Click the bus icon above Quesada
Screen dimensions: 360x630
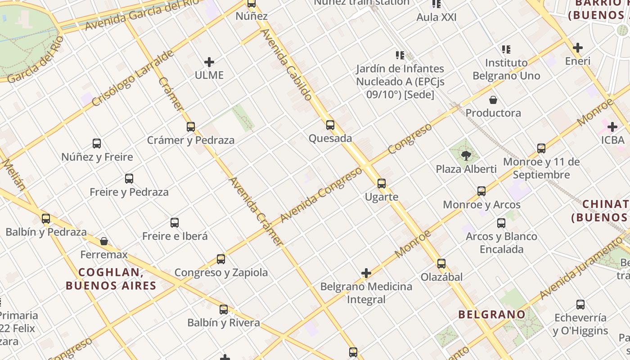pyautogui.click(x=330, y=125)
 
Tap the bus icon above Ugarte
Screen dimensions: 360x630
pyautogui.click(x=382, y=184)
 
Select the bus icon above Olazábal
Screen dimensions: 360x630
pyautogui.click(x=441, y=264)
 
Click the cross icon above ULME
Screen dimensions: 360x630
pyautogui.click(x=209, y=62)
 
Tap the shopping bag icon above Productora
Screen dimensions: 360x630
pyautogui.click(x=493, y=100)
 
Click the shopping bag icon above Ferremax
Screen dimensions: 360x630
pyautogui.click(x=104, y=242)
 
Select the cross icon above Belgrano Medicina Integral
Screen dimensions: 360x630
pyautogui.click(x=366, y=273)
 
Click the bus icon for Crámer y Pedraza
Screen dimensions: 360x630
pyautogui.click(x=191, y=127)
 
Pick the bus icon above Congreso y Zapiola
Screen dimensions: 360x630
pyautogui.click(x=221, y=259)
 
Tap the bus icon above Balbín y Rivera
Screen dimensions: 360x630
pyautogui.click(x=224, y=310)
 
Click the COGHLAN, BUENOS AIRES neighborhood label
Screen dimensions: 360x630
pyautogui.click(x=111, y=279)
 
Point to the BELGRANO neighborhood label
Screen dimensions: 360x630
pyautogui.click(x=491, y=314)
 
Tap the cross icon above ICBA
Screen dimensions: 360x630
pyautogui.click(x=612, y=127)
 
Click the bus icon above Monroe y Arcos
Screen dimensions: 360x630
pyautogui.click(x=481, y=191)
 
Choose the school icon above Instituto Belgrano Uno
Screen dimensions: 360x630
pyautogui.click(x=506, y=49)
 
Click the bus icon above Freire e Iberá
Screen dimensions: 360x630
pyautogui.click(x=175, y=223)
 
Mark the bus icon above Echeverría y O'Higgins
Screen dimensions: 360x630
pyautogui.click(x=580, y=305)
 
